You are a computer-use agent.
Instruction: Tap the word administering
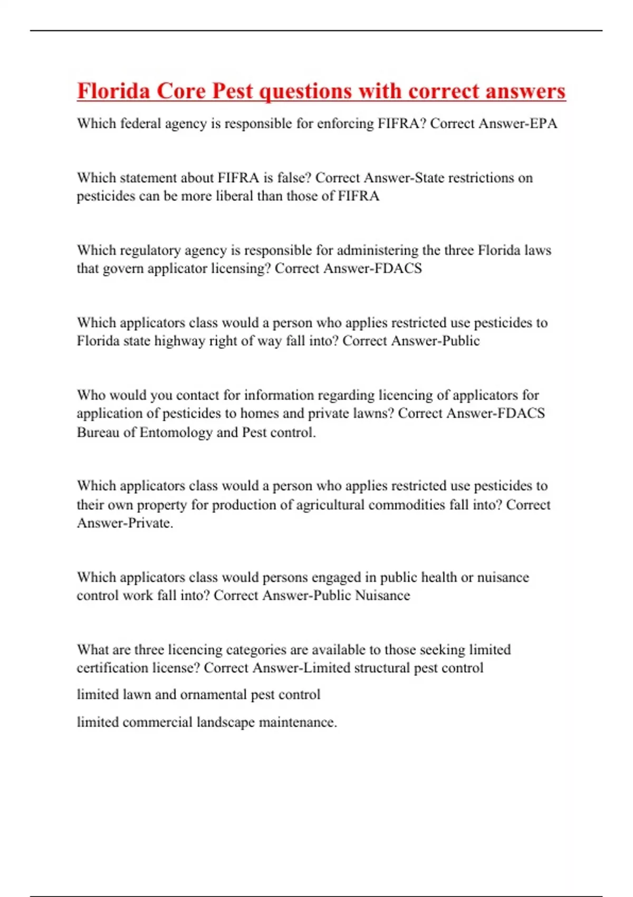pos(377,250)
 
